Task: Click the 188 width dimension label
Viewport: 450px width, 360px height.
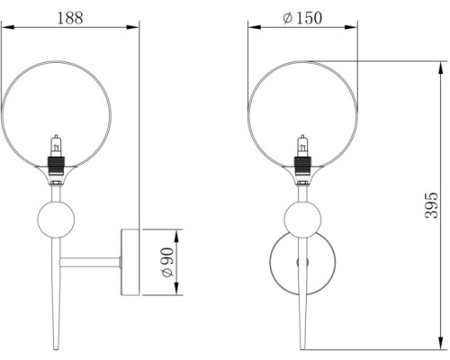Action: [x=70, y=18]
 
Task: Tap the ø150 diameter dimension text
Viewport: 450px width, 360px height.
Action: [x=302, y=18]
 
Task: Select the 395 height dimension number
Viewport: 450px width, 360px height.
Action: [x=432, y=205]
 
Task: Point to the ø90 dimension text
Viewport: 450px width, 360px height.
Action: [x=167, y=263]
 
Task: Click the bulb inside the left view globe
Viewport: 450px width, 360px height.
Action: [x=56, y=146]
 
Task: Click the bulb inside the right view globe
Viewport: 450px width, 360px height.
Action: [x=303, y=146]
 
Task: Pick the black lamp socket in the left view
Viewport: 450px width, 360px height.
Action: [x=56, y=166]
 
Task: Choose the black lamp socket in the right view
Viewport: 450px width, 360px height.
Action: [x=303, y=166]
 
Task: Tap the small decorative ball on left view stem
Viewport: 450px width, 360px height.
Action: [x=56, y=220]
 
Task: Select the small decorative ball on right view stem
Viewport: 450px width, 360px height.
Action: [x=302, y=220]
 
